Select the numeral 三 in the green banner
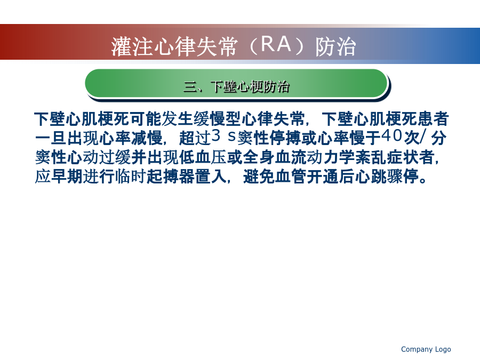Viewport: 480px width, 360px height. coord(190,86)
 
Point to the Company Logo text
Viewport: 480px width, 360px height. coord(426,349)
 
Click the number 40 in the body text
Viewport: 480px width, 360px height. coord(391,136)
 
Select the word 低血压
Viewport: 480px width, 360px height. coord(203,157)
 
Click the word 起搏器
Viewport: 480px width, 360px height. coord(171,177)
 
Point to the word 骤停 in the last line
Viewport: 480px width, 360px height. coord(403,177)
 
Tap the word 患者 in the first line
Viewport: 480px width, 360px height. coord(433,119)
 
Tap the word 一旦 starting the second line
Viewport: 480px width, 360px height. coord(51,138)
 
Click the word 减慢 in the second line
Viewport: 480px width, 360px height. coord(147,138)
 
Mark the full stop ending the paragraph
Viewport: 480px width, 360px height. coord(423,180)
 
